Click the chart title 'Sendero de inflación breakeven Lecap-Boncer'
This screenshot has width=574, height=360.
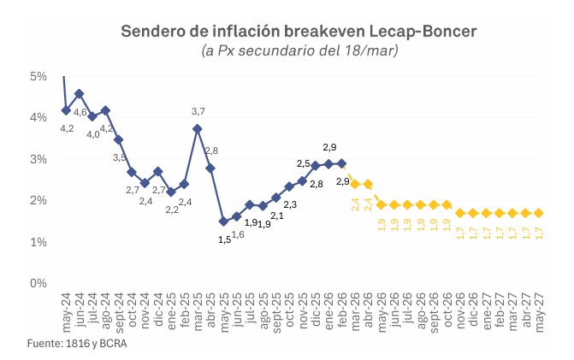299,32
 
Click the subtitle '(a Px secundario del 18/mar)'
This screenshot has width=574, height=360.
299,50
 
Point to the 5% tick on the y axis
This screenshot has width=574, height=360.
38,76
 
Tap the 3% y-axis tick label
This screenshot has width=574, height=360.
38,159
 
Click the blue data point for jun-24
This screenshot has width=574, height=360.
79,94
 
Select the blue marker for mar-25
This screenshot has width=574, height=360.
198,129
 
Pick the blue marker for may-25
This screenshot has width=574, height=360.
223,221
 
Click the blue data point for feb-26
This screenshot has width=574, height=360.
342,163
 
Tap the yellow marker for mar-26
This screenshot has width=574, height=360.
355,184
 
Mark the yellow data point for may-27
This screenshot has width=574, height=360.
539,213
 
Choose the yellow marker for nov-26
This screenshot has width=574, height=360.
460,213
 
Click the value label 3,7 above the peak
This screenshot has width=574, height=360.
198,112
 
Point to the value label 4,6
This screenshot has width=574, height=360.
80,112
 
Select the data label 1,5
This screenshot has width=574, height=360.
224,239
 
